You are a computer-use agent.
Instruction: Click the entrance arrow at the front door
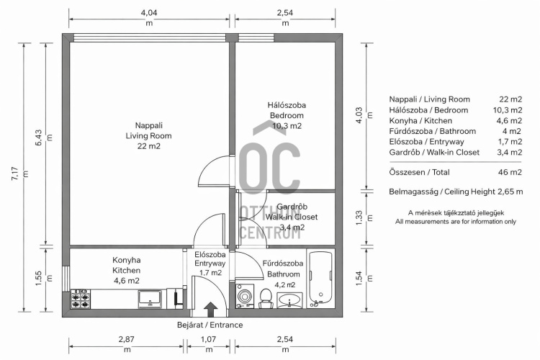point(210,310)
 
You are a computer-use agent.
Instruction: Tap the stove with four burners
point(81,300)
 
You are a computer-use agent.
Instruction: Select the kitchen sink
point(150,299)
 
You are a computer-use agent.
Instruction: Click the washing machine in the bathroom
point(245,296)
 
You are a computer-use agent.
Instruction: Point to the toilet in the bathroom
point(266,299)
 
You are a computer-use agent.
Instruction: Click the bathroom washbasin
point(290,301)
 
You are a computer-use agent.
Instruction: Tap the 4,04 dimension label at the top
point(149,13)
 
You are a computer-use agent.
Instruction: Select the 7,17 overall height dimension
point(15,174)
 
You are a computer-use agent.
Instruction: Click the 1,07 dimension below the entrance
point(208,339)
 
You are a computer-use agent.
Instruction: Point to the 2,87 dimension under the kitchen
point(127,339)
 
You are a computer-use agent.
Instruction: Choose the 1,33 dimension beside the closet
point(359,217)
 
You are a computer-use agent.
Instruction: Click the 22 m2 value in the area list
point(510,99)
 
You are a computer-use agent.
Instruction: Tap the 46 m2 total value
point(510,172)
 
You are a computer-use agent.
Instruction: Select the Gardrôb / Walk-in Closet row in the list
point(456,152)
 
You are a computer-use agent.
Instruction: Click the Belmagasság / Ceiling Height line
point(456,192)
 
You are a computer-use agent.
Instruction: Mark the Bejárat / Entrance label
point(210,325)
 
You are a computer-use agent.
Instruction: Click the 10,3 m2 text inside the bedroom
point(287,126)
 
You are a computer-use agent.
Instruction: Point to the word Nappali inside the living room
point(149,125)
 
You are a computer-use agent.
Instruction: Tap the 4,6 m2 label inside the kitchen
point(127,281)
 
